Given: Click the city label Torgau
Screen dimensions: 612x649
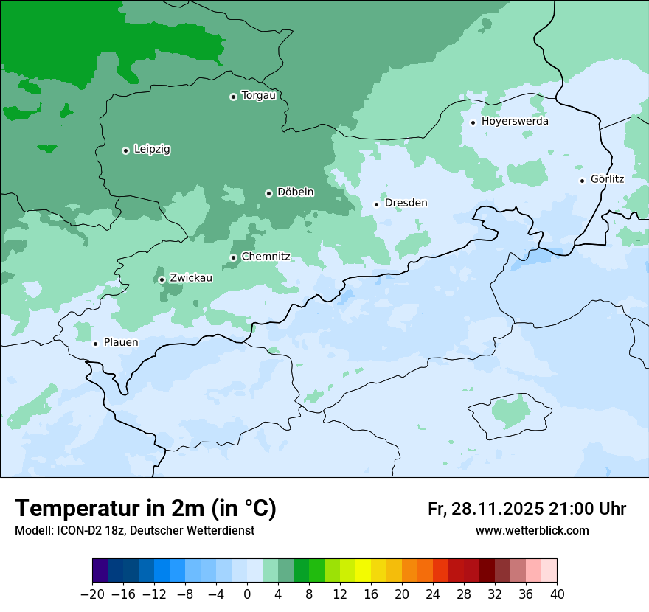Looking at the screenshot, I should click(x=258, y=96).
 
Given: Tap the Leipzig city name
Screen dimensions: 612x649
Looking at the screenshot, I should click(x=152, y=150).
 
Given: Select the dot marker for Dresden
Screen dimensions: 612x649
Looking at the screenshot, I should click(x=376, y=204).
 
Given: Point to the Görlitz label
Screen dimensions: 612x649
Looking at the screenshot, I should click(x=607, y=179).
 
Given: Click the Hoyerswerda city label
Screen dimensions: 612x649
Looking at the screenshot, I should click(x=515, y=122).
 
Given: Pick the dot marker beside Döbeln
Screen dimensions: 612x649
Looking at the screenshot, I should click(x=268, y=193).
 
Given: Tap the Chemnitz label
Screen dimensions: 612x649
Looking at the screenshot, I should click(x=265, y=257).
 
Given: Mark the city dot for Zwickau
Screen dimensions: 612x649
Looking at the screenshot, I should click(x=162, y=279).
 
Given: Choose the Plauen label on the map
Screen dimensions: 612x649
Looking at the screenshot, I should click(x=120, y=343).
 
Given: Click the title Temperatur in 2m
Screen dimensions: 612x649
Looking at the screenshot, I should click(x=145, y=509).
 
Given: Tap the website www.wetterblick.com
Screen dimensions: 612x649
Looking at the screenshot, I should click(x=532, y=531).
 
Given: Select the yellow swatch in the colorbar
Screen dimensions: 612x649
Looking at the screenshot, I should click(x=363, y=571).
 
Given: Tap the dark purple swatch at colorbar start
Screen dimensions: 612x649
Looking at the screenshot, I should click(x=100, y=571).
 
